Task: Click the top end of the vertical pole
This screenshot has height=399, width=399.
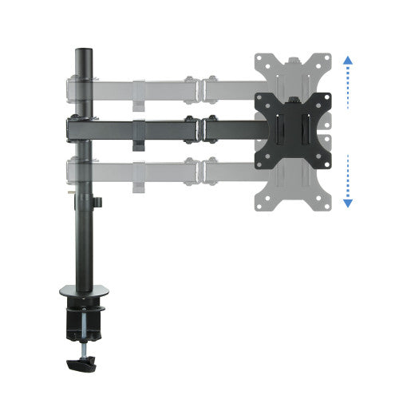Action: (81, 52)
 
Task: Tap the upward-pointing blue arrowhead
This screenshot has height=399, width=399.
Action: (348, 60)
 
